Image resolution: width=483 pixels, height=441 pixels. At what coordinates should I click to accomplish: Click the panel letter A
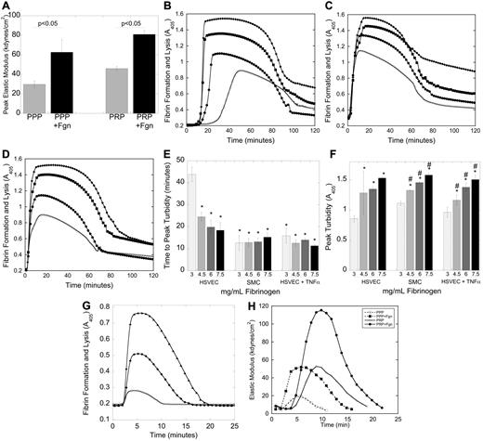coord(7,7)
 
